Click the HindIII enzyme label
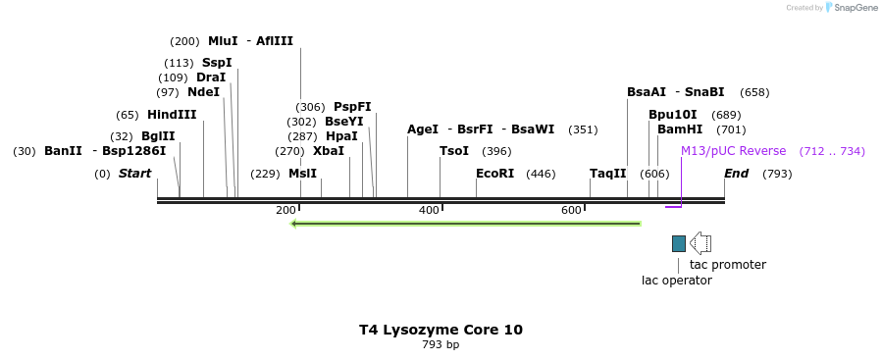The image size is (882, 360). click(172, 115)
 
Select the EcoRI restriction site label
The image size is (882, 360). click(494, 174)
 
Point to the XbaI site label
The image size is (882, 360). click(329, 151)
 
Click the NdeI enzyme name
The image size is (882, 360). click(203, 92)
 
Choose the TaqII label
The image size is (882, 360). click(607, 174)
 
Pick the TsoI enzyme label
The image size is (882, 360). click(454, 151)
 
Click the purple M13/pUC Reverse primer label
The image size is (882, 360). click(733, 151)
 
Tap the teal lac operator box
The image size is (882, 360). click(679, 243)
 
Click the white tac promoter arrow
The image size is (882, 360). click(700, 243)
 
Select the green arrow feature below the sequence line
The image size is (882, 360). click(466, 224)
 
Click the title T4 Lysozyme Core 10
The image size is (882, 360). click(441, 330)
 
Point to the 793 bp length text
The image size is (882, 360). click(441, 345)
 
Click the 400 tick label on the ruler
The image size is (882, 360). click(429, 210)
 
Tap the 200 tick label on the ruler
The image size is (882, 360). click(285, 210)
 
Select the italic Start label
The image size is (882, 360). click(135, 174)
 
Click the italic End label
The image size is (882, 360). click(737, 174)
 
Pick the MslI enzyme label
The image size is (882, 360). click(302, 174)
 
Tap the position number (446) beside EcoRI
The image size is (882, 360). click(541, 174)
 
